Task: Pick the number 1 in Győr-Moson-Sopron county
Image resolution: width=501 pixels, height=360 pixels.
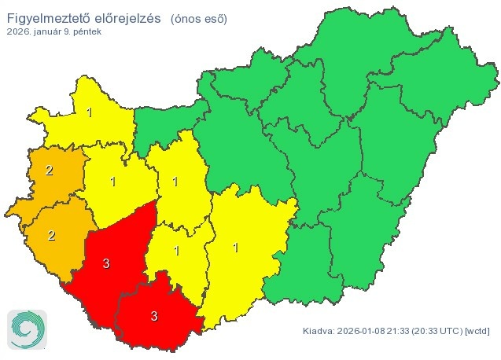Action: pos(90,112)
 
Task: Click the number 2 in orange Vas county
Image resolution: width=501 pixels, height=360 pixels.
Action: pos(49,170)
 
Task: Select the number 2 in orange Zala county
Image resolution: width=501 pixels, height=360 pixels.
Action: pos(52,235)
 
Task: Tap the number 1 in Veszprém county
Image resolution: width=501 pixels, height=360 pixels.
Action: pos(115,182)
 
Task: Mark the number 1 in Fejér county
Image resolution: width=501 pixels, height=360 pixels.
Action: pos(175,182)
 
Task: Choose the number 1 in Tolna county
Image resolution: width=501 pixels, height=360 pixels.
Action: pos(176,251)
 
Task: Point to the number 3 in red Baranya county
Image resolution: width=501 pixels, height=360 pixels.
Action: pos(154,317)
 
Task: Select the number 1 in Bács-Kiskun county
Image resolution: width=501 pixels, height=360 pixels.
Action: pos(235,248)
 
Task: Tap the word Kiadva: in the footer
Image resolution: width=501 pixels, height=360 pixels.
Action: pos(319,331)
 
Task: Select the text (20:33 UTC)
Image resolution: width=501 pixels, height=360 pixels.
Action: pos(439,331)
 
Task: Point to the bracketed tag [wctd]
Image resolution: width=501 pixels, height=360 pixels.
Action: pos(478,331)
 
